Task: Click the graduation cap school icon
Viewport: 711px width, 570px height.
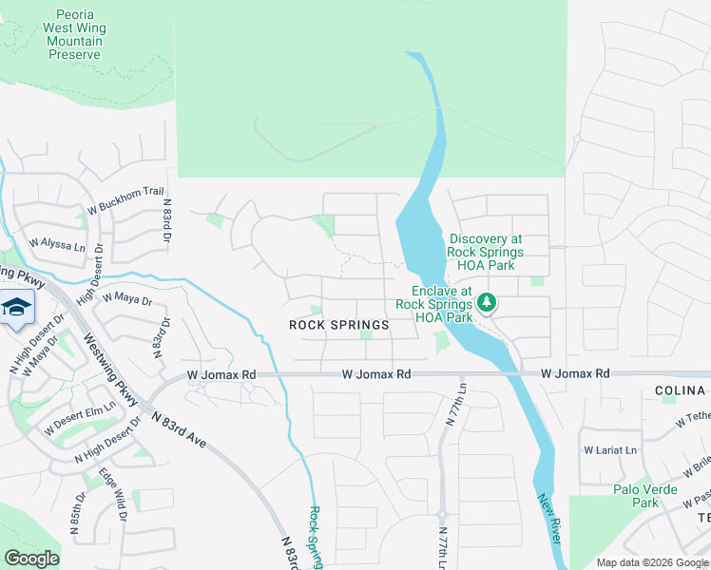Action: [16, 308]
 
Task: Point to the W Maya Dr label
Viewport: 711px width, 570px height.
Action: [127, 297]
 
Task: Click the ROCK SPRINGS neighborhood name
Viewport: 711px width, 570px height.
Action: [339, 325]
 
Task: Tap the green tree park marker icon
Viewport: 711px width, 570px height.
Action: [487, 303]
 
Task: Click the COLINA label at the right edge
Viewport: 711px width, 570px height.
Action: [682, 390]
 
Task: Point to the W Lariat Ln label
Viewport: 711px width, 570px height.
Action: [608, 449]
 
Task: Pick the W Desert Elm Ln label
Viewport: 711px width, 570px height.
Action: [81, 415]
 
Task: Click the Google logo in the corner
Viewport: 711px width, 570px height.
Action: [31, 559]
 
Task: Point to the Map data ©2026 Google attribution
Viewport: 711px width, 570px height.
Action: [652, 562]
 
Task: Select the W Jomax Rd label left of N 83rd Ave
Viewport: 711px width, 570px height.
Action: [222, 375]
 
